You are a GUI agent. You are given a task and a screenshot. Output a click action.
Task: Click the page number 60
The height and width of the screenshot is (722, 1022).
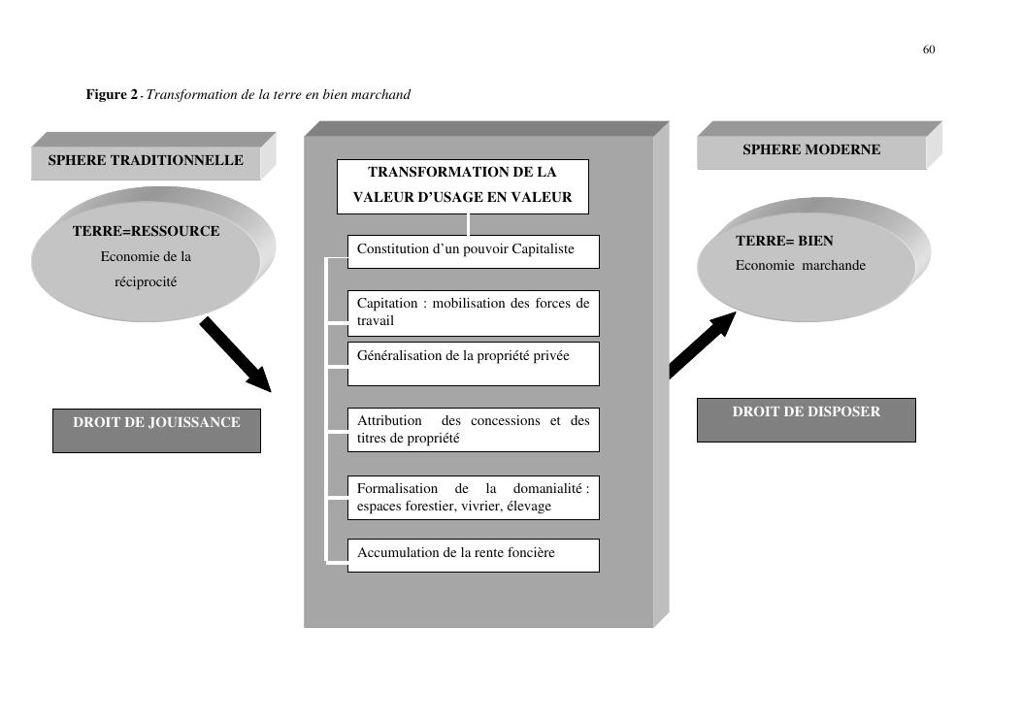[x=929, y=49]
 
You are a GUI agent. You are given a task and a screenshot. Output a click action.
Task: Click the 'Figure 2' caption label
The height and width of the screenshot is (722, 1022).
[x=113, y=94]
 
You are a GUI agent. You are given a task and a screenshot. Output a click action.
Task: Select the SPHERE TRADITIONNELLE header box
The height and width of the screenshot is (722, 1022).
[x=146, y=160]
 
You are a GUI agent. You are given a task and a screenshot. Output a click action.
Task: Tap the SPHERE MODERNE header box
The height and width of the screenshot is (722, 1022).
[x=811, y=150]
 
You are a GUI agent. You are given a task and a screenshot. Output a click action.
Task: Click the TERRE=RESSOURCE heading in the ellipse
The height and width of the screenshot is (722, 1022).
[x=146, y=232]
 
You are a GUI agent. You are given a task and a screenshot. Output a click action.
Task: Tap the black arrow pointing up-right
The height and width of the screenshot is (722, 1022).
[x=700, y=346]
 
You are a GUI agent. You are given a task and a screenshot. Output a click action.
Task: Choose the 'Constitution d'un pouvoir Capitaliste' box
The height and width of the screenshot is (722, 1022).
[x=473, y=250]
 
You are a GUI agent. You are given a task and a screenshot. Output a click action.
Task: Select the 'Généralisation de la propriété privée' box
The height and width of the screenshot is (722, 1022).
[x=473, y=363]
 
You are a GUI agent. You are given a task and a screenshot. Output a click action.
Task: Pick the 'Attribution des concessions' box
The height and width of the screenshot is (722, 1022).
[x=473, y=430]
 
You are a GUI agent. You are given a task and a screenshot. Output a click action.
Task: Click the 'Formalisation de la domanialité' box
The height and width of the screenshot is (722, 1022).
[x=473, y=498]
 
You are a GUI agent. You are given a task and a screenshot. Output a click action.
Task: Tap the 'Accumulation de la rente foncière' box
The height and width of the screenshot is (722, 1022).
[x=473, y=555]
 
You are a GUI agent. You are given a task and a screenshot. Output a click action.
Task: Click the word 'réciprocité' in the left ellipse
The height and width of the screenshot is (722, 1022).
[x=146, y=282]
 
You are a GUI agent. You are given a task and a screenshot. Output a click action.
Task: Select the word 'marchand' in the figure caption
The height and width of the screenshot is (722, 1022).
[x=384, y=94]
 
